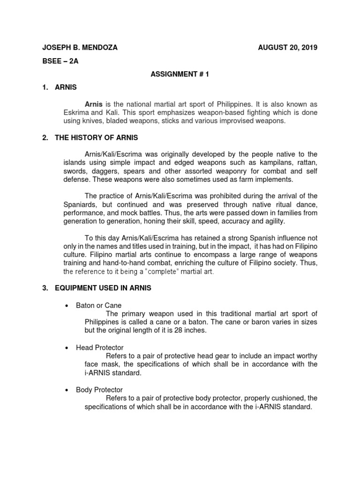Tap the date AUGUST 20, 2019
288,48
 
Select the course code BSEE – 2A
60,61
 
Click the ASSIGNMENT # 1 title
180,74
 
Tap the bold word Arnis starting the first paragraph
93,104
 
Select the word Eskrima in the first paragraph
76,112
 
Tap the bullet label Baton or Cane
98,305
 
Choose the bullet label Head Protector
100,347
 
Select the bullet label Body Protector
99,390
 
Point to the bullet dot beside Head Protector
66,348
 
